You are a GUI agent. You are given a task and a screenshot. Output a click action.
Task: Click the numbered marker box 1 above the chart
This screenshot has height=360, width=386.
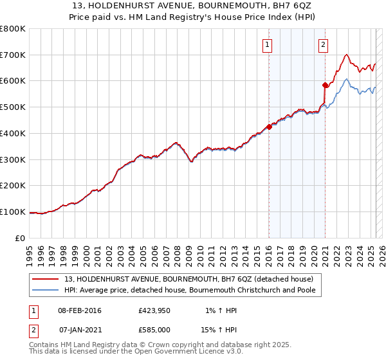pyautogui.click(x=266, y=45)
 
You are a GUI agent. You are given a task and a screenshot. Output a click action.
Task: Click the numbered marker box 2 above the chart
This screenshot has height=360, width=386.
pyautogui.click(x=322, y=45)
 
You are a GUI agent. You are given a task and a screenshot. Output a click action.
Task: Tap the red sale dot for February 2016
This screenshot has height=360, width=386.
pyautogui.click(x=269, y=127)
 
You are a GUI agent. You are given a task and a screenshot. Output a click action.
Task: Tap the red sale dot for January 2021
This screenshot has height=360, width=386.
pyautogui.click(x=325, y=85)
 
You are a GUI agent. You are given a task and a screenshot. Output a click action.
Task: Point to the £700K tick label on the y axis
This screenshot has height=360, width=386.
pyautogui.click(x=13, y=55)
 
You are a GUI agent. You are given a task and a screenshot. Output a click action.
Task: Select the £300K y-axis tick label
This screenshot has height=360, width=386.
pyautogui.click(x=13, y=159)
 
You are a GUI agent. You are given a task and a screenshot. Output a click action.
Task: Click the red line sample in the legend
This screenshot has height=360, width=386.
pyautogui.click(x=46, y=279)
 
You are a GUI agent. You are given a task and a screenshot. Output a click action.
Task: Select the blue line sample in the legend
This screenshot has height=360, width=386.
pyautogui.click(x=46, y=290)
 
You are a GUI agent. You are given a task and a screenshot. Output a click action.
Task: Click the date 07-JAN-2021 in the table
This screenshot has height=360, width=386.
pyautogui.click(x=79, y=329)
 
